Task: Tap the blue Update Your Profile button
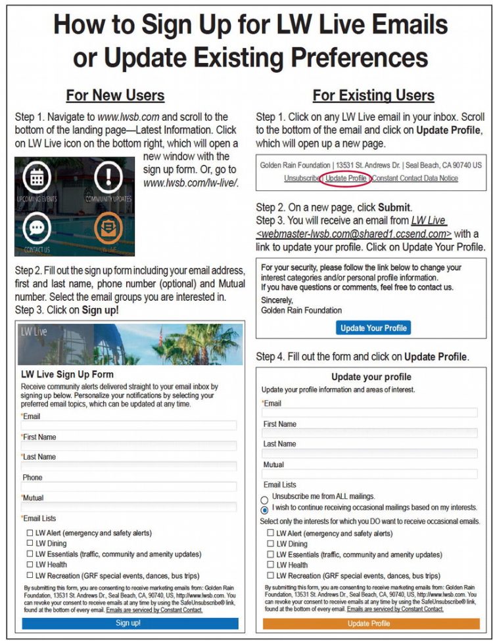pos(373,328)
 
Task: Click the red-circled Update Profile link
pos(346,178)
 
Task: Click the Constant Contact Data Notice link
pos(415,178)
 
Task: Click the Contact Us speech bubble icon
pos(37,229)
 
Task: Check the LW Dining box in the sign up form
pos(30,543)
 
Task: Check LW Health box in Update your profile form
pos(270,565)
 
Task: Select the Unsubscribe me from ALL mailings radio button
pos(264,500)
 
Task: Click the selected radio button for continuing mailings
pos(264,510)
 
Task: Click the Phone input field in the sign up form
pos(129,487)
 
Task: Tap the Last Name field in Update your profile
pos(370,454)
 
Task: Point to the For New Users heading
pos(115,95)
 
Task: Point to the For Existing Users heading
pos(373,95)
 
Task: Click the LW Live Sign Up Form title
pos(67,374)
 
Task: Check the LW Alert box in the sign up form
pos(30,533)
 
